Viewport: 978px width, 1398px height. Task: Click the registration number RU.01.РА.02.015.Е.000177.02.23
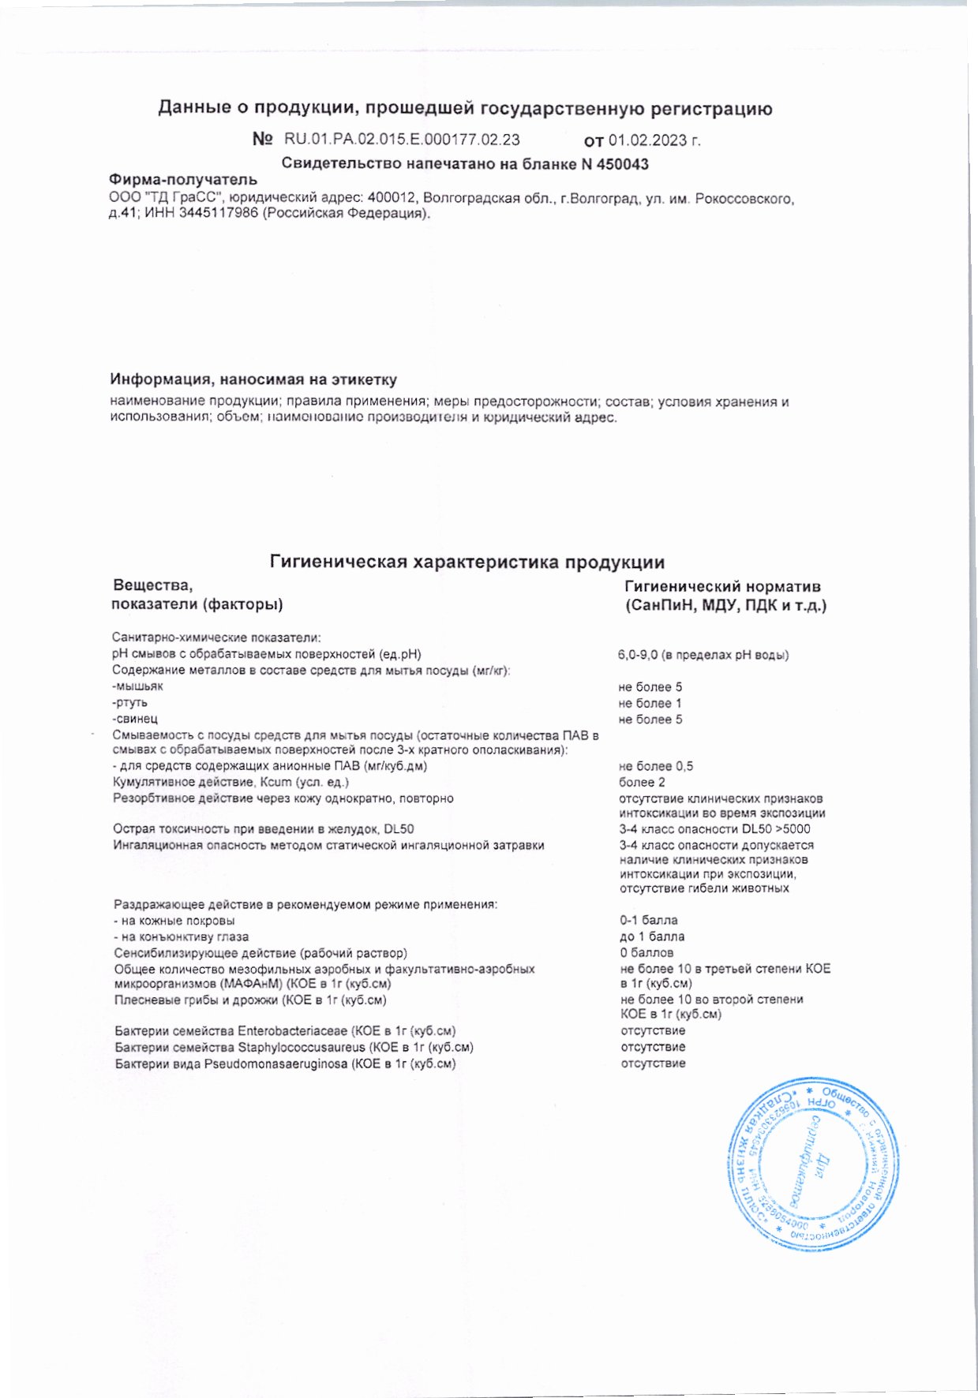(402, 140)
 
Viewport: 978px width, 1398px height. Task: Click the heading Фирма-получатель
(183, 180)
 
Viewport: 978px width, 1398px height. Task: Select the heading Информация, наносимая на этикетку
(253, 380)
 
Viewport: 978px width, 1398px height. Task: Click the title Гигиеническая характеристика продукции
(467, 563)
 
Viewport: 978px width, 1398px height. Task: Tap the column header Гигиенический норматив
(722, 587)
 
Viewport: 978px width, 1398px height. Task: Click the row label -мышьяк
(138, 686)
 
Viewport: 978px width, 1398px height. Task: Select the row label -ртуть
(130, 702)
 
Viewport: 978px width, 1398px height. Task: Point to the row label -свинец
(135, 719)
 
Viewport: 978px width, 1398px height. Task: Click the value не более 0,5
(656, 766)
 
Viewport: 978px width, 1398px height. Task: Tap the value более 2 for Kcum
(642, 782)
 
